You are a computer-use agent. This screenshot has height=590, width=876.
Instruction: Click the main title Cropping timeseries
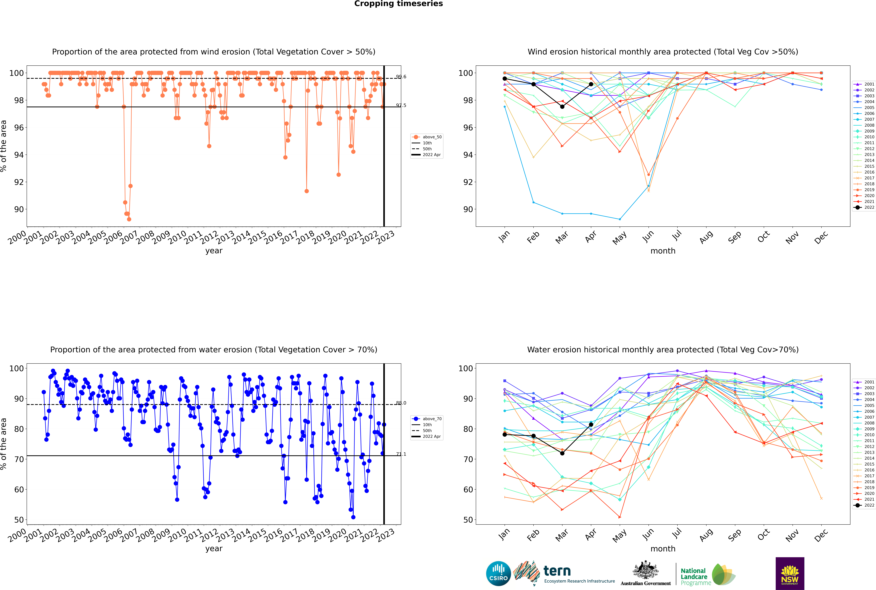(398, 4)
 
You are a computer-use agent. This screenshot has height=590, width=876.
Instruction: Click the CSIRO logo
(498, 573)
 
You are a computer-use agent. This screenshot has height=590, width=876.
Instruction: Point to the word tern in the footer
(557, 571)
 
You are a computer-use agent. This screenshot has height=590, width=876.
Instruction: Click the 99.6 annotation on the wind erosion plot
(401, 77)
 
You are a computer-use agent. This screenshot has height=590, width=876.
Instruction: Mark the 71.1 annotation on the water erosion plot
(401, 454)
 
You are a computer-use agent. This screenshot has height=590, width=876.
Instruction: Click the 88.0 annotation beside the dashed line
(401, 403)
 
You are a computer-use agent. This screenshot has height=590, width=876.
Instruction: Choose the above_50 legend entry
(427, 137)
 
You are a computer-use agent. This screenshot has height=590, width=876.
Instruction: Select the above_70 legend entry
(427, 419)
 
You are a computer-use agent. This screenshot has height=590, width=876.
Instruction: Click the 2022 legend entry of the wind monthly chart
(864, 207)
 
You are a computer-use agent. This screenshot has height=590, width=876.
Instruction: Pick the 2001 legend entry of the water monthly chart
(864, 382)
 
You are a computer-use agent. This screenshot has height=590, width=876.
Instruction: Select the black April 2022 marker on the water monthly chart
(591, 424)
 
